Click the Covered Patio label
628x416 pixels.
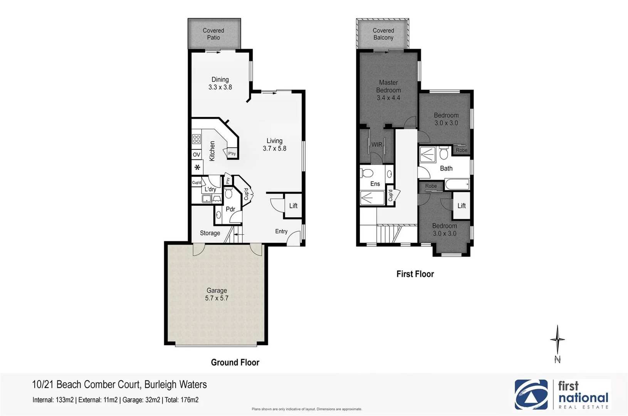(213, 34)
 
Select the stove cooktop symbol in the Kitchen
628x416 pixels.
(196, 139)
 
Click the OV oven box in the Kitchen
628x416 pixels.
(196, 154)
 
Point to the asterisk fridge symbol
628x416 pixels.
(197, 168)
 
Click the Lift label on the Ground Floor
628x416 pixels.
(293, 206)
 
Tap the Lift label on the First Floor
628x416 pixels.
(461, 206)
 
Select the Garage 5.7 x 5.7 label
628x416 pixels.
(217, 294)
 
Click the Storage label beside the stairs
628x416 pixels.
(210, 233)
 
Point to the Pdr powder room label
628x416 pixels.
(230, 209)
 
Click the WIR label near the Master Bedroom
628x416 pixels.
(376, 144)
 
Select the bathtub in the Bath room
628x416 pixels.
(457, 185)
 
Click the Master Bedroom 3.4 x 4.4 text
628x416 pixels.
(388, 90)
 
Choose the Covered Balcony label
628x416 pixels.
(383, 34)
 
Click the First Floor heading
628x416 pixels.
(415, 274)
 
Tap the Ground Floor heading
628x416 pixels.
(235, 362)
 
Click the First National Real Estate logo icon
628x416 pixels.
(531, 394)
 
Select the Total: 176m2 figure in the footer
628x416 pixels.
(181, 400)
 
